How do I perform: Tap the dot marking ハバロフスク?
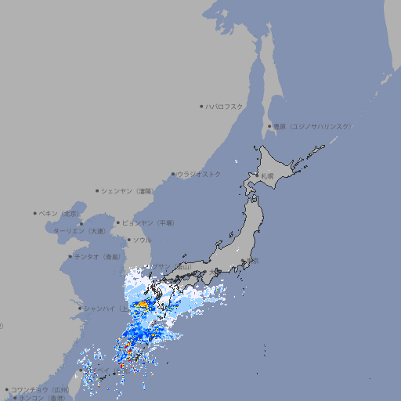202,106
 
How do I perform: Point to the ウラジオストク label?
199,174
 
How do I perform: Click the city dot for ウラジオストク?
173,175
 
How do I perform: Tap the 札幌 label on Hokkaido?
269,175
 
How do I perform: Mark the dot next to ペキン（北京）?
35,213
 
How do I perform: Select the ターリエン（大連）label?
79,231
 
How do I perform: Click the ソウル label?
141,240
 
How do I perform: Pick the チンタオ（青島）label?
98,256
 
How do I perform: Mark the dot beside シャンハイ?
79,308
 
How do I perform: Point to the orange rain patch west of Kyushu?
143,303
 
